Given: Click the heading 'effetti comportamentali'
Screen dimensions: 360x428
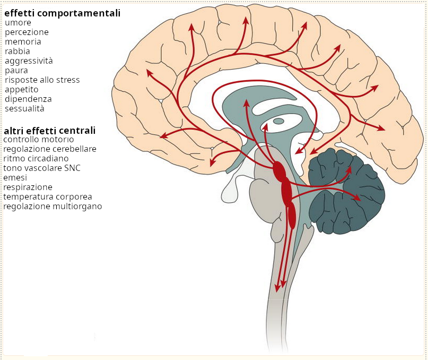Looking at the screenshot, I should (x=62, y=13).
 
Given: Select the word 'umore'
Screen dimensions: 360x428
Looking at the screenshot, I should (x=18, y=23).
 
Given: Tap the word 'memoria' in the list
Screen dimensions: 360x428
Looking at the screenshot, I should (x=23, y=42).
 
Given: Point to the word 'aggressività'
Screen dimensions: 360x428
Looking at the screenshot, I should (x=29, y=61).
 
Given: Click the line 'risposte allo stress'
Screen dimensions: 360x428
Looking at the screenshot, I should (x=42, y=80).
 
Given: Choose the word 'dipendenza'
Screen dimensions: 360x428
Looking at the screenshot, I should (x=28, y=99).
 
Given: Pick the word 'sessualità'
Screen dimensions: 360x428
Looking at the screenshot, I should (x=24, y=109).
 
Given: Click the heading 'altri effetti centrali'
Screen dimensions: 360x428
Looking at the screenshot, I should (x=50, y=130).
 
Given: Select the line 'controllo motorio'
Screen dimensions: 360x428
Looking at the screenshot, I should (x=39, y=140).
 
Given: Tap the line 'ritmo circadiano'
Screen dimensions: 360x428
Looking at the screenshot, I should (x=36, y=159).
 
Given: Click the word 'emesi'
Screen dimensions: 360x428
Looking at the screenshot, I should (x=15, y=178).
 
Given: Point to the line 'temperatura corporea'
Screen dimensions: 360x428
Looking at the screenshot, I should (x=48, y=197).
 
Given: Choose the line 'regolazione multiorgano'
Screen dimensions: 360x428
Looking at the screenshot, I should (x=53, y=207).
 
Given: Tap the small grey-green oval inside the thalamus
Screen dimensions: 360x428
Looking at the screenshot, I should (x=278, y=121).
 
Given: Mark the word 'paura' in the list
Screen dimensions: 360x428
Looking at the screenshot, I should (x=16, y=71).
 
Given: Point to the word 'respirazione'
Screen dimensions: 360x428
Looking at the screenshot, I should (x=28, y=187).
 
